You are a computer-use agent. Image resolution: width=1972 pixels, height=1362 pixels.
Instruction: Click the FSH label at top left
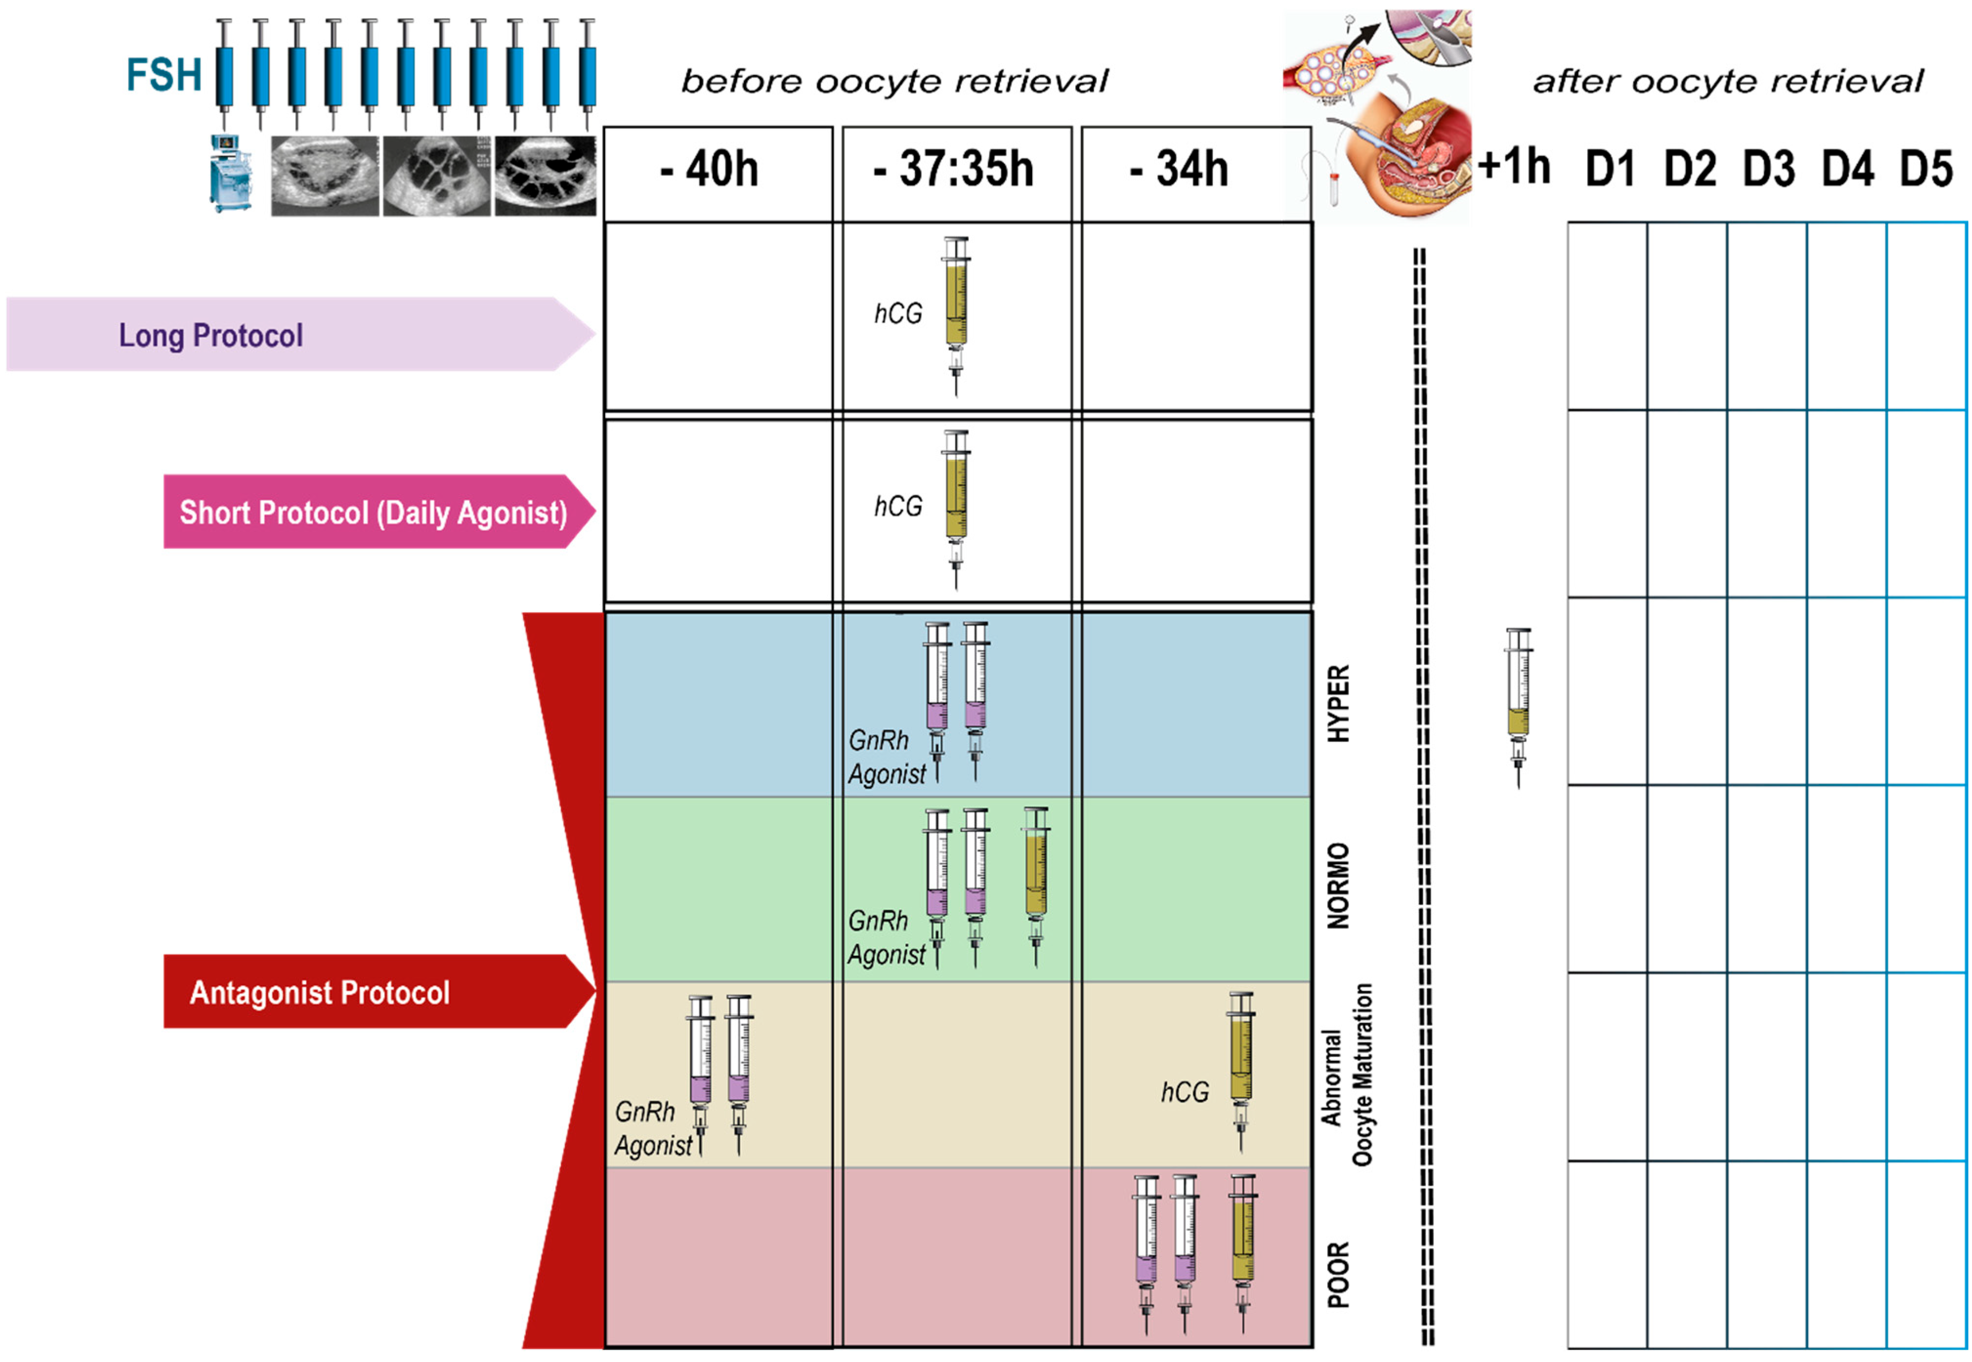click(x=164, y=75)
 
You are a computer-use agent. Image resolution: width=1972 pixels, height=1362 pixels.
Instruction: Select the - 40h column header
click(x=709, y=169)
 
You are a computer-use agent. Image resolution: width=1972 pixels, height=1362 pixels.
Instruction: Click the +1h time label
click(x=1514, y=165)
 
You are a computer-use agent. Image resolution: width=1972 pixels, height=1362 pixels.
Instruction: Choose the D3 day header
click(x=1768, y=169)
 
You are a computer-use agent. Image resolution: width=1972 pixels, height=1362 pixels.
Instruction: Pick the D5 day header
click(x=1926, y=169)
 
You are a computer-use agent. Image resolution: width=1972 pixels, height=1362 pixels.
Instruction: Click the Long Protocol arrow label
click(x=211, y=335)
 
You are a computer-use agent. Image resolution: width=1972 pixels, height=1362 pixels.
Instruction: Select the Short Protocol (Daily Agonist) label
click(x=373, y=512)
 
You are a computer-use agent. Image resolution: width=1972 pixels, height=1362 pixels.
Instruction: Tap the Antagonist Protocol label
click(x=319, y=992)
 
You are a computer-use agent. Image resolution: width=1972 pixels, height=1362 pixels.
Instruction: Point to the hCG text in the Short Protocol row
click(x=898, y=507)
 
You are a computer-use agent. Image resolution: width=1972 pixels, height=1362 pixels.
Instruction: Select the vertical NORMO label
click(x=1338, y=886)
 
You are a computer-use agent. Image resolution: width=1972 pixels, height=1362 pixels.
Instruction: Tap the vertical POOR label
click(x=1338, y=1274)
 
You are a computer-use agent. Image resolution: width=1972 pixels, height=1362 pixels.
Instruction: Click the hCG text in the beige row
click(x=1185, y=1092)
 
